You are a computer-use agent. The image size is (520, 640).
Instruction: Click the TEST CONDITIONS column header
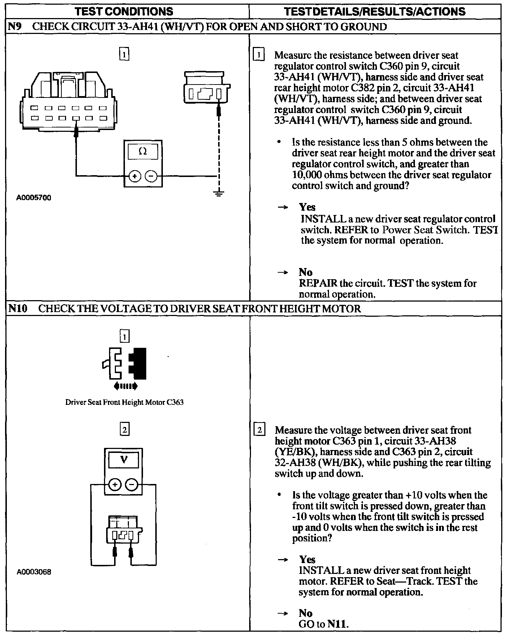124,11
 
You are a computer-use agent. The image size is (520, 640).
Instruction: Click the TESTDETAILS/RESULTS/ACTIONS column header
375,11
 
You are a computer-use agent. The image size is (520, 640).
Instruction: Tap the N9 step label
15,27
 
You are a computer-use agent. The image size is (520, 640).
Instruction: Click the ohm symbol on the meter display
143,152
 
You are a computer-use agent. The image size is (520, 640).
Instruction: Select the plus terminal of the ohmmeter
135,176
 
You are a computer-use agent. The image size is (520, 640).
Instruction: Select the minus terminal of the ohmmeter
151,176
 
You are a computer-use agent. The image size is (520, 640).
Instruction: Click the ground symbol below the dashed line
218,194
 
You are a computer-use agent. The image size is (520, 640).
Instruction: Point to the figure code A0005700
34,198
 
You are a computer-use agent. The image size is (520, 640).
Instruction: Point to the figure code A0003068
34,572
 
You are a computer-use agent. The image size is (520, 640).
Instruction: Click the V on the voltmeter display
124,460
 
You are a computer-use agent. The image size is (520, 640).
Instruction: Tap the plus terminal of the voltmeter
115,485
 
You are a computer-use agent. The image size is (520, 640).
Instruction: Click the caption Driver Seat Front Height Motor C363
124,402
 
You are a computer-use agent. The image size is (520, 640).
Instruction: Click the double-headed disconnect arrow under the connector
125,386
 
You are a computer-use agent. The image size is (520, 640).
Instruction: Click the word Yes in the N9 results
307,207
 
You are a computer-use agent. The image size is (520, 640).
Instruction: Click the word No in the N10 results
305,613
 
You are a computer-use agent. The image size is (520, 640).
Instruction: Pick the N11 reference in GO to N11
337,624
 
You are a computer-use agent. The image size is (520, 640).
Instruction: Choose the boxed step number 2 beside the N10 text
259,430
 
